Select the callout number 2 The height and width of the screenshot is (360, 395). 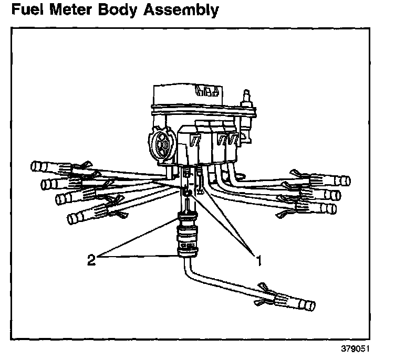click(x=91, y=259)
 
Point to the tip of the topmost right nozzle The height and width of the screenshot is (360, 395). click(x=346, y=182)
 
